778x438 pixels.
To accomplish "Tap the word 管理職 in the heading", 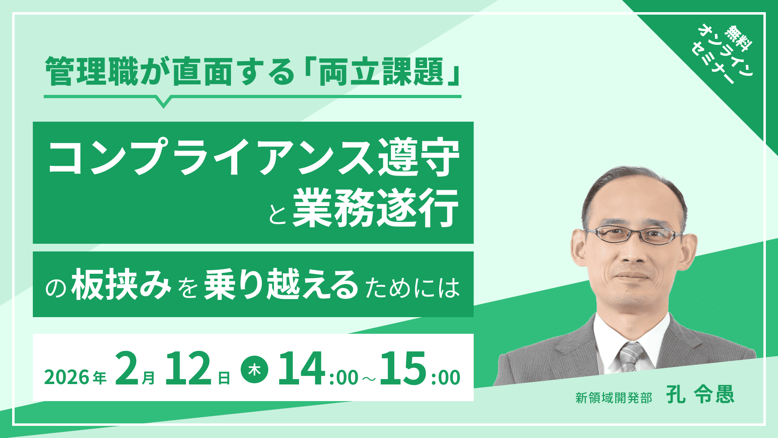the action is pos(92,71).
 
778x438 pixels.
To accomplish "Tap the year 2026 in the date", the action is pos(66,378).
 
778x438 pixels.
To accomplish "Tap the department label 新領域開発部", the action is pos(613,398).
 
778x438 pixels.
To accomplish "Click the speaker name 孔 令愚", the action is pos(700,394).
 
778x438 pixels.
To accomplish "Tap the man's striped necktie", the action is pos(631,356).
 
